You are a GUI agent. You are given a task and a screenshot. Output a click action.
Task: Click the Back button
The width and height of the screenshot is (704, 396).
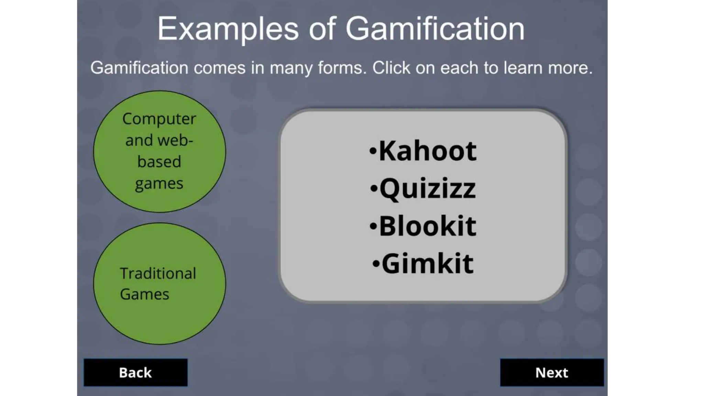tap(135, 373)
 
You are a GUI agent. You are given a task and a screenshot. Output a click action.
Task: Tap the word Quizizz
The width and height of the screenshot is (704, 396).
tap(427, 188)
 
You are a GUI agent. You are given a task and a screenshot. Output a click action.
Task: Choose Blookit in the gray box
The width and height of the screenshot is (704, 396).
tap(427, 226)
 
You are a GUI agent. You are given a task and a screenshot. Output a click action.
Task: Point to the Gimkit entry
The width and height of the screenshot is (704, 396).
tap(427, 264)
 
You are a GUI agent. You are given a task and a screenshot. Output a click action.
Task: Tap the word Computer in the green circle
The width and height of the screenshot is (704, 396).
tap(159, 119)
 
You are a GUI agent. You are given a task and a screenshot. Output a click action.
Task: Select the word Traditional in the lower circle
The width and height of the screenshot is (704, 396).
tap(158, 274)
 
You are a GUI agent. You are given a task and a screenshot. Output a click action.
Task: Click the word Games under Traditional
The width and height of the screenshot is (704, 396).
tap(145, 294)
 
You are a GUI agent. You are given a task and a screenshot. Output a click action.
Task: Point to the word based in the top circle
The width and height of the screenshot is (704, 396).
tap(159, 162)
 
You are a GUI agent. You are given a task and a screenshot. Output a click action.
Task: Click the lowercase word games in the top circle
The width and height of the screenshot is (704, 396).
tap(159, 184)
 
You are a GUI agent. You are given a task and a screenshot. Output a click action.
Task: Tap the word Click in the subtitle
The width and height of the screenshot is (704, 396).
tap(391, 68)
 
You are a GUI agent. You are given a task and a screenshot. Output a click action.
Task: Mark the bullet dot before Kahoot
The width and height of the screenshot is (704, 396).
tap(373, 151)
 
